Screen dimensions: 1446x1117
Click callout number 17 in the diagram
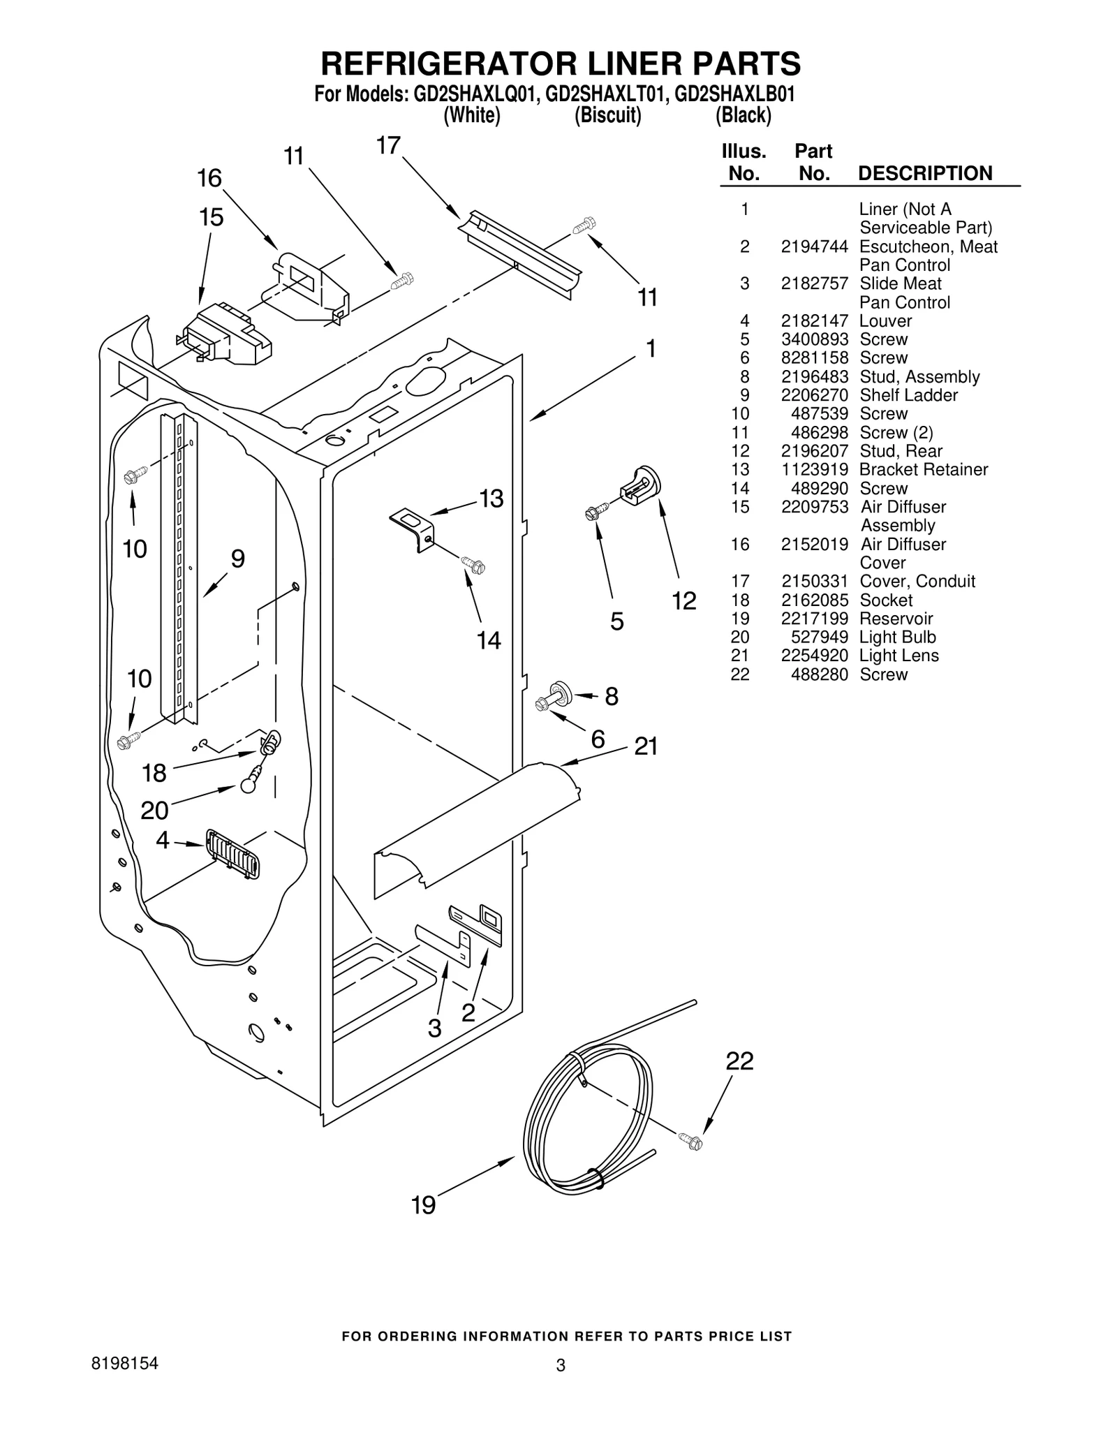(388, 145)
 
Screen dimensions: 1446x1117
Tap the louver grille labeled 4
(233, 854)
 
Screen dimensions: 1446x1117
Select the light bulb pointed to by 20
(249, 784)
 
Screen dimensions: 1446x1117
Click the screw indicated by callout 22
(692, 1142)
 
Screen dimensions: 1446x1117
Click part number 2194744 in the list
(814, 246)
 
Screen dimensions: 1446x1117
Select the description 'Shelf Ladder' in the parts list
(908, 395)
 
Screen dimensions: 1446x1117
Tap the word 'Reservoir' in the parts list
(896, 619)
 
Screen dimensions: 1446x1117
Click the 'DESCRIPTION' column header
(924, 173)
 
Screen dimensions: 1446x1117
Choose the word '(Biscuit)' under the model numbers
(607, 115)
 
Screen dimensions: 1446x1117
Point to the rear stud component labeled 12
(641, 485)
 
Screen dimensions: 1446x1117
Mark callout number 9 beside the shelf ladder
(238, 559)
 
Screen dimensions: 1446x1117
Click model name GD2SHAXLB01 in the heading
(735, 94)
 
